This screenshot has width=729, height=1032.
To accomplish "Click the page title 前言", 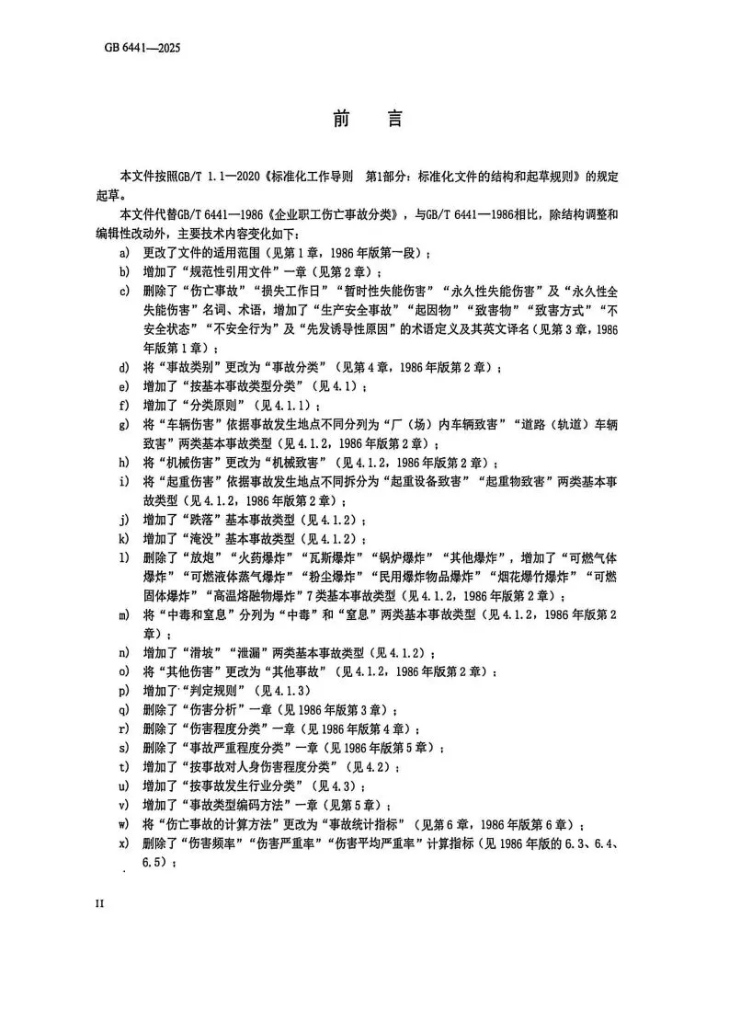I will (364, 120).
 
